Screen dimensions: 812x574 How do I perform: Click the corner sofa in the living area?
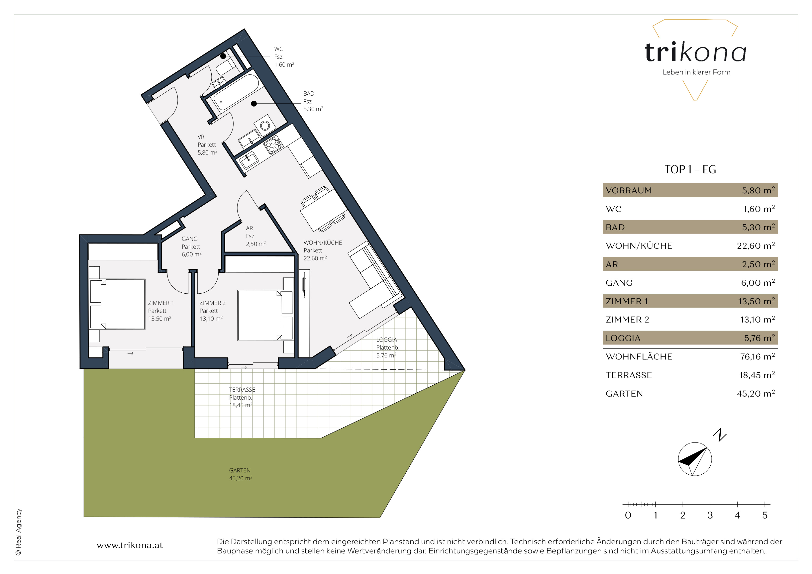click(x=375, y=279)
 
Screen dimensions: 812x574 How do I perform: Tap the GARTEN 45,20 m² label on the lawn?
click(x=241, y=474)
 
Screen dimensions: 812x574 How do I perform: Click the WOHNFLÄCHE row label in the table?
click(x=639, y=357)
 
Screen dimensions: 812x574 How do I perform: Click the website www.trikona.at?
click(x=130, y=545)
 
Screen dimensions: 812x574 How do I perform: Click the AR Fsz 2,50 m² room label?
click(x=255, y=236)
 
